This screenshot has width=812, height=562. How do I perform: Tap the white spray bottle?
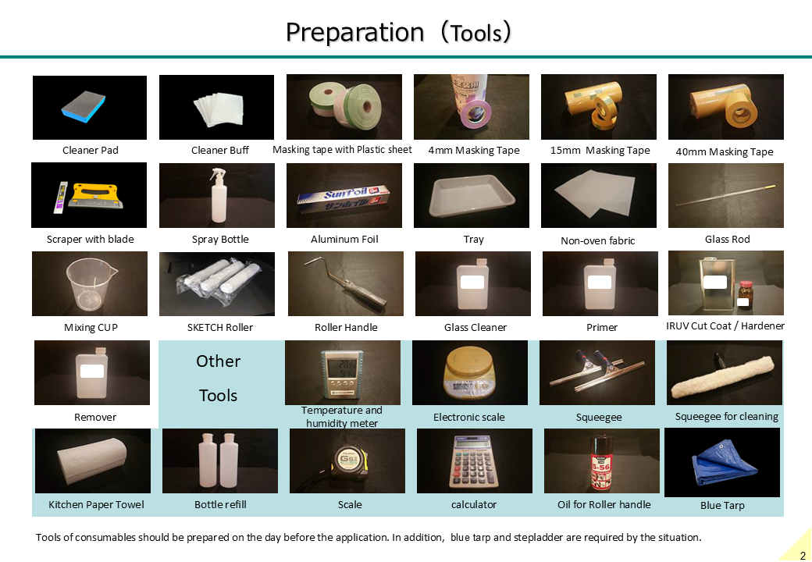coord(219,195)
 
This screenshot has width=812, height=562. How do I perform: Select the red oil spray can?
coord(600,462)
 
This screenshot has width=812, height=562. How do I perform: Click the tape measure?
coord(348,462)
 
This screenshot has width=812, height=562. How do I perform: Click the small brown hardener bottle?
coord(745,294)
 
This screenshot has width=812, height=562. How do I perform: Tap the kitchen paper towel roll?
coord(92,460)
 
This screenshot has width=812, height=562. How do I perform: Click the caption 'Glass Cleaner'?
coord(475,328)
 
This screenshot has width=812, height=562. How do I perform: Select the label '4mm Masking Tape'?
coord(473,151)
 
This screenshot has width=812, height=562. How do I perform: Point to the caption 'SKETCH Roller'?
coord(220,328)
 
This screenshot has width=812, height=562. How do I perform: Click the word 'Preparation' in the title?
coord(354,32)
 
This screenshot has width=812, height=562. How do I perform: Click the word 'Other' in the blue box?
coord(218,361)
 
